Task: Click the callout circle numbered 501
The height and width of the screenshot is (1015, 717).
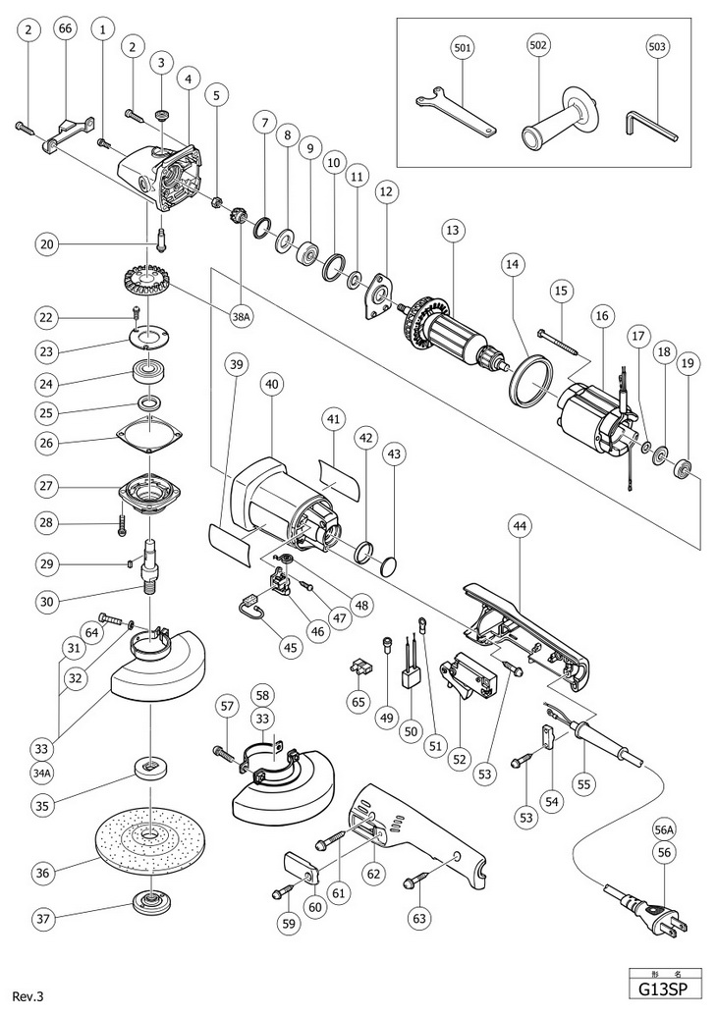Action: point(463,46)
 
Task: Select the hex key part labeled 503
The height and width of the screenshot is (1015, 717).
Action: point(649,124)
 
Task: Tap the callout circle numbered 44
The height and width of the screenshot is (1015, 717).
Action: point(521,527)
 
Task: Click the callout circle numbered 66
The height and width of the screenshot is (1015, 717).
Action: point(65,29)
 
